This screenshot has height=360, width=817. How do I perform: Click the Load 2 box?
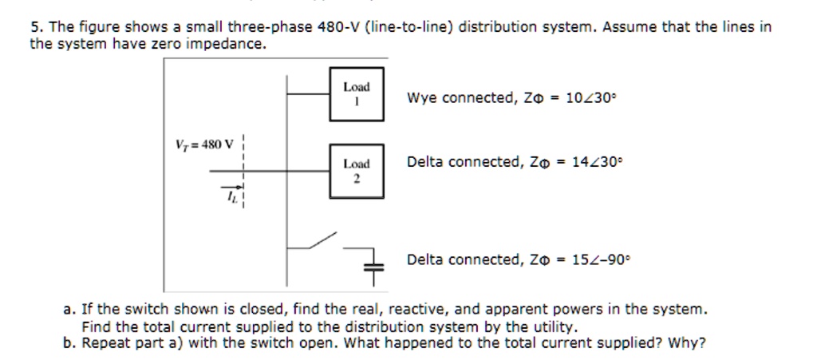[356, 170]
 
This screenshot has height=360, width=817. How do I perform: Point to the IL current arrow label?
[233, 193]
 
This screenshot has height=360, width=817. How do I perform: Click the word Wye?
[422, 98]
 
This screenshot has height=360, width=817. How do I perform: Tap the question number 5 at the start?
[34, 26]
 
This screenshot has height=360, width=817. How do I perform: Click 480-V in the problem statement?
[339, 26]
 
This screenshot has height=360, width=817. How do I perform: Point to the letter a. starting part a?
[69, 308]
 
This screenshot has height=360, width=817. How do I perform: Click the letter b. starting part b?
[69, 344]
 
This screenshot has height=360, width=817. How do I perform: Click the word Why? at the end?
[689, 344]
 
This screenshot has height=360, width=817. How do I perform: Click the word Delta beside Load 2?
[425, 162]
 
